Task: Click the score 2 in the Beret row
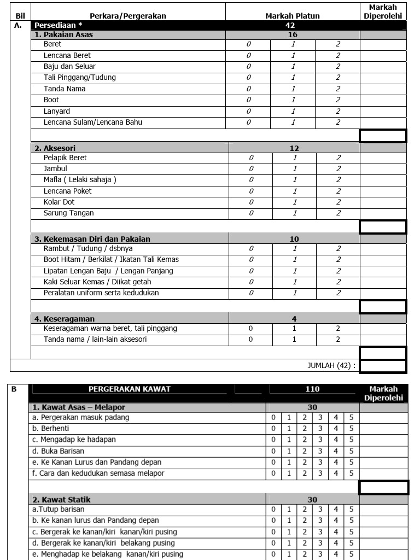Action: tap(337, 44)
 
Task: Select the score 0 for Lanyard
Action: tap(248, 111)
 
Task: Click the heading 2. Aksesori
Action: tap(55, 148)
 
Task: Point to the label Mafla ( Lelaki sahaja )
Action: tap(80, 180)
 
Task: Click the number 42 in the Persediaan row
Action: tap(290, 26)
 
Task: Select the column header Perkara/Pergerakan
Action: tap(127, 16)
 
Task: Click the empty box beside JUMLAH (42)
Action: tap(383, 365)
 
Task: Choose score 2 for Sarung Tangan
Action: tap(338, 213)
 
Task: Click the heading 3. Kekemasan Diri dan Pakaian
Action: tap(92, 239)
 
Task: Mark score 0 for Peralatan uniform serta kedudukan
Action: tap(251, 293)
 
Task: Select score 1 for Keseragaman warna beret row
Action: tap(294, 329)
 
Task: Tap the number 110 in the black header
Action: tap(312, 389)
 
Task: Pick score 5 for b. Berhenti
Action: tap(351, 429)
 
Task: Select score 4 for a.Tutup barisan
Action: tap(336, 510)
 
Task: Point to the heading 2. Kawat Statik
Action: tap(61, 499)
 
